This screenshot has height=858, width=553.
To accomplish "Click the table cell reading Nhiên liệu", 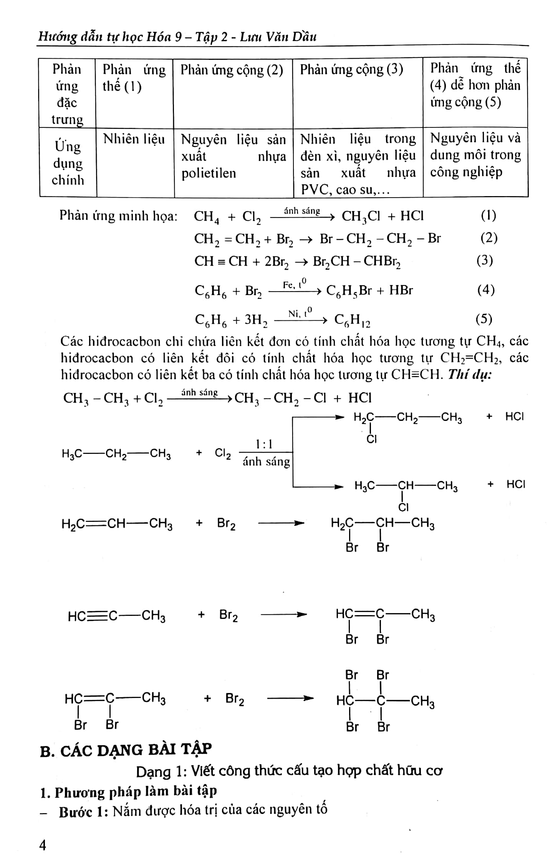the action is (134, 139).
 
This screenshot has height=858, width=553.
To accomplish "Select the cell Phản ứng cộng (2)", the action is (232, 70).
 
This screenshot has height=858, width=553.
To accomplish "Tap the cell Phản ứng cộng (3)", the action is (351, 69).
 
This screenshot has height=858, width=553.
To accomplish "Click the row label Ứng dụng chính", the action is (68, 163).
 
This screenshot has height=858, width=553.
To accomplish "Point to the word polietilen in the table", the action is (209, 173).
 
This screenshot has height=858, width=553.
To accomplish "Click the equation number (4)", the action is (486, 290).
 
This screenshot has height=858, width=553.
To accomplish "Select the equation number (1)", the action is (488, 216).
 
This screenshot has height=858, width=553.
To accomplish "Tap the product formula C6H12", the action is (352, 320).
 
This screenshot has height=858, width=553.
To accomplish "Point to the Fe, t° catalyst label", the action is (295, 284).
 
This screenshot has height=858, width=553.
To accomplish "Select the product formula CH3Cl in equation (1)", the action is (361, 216).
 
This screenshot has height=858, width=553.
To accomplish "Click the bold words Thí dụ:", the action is (470, 374).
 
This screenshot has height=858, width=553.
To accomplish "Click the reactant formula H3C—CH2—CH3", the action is (116, 454).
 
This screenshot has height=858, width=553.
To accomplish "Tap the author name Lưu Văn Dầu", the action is (278, 37).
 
